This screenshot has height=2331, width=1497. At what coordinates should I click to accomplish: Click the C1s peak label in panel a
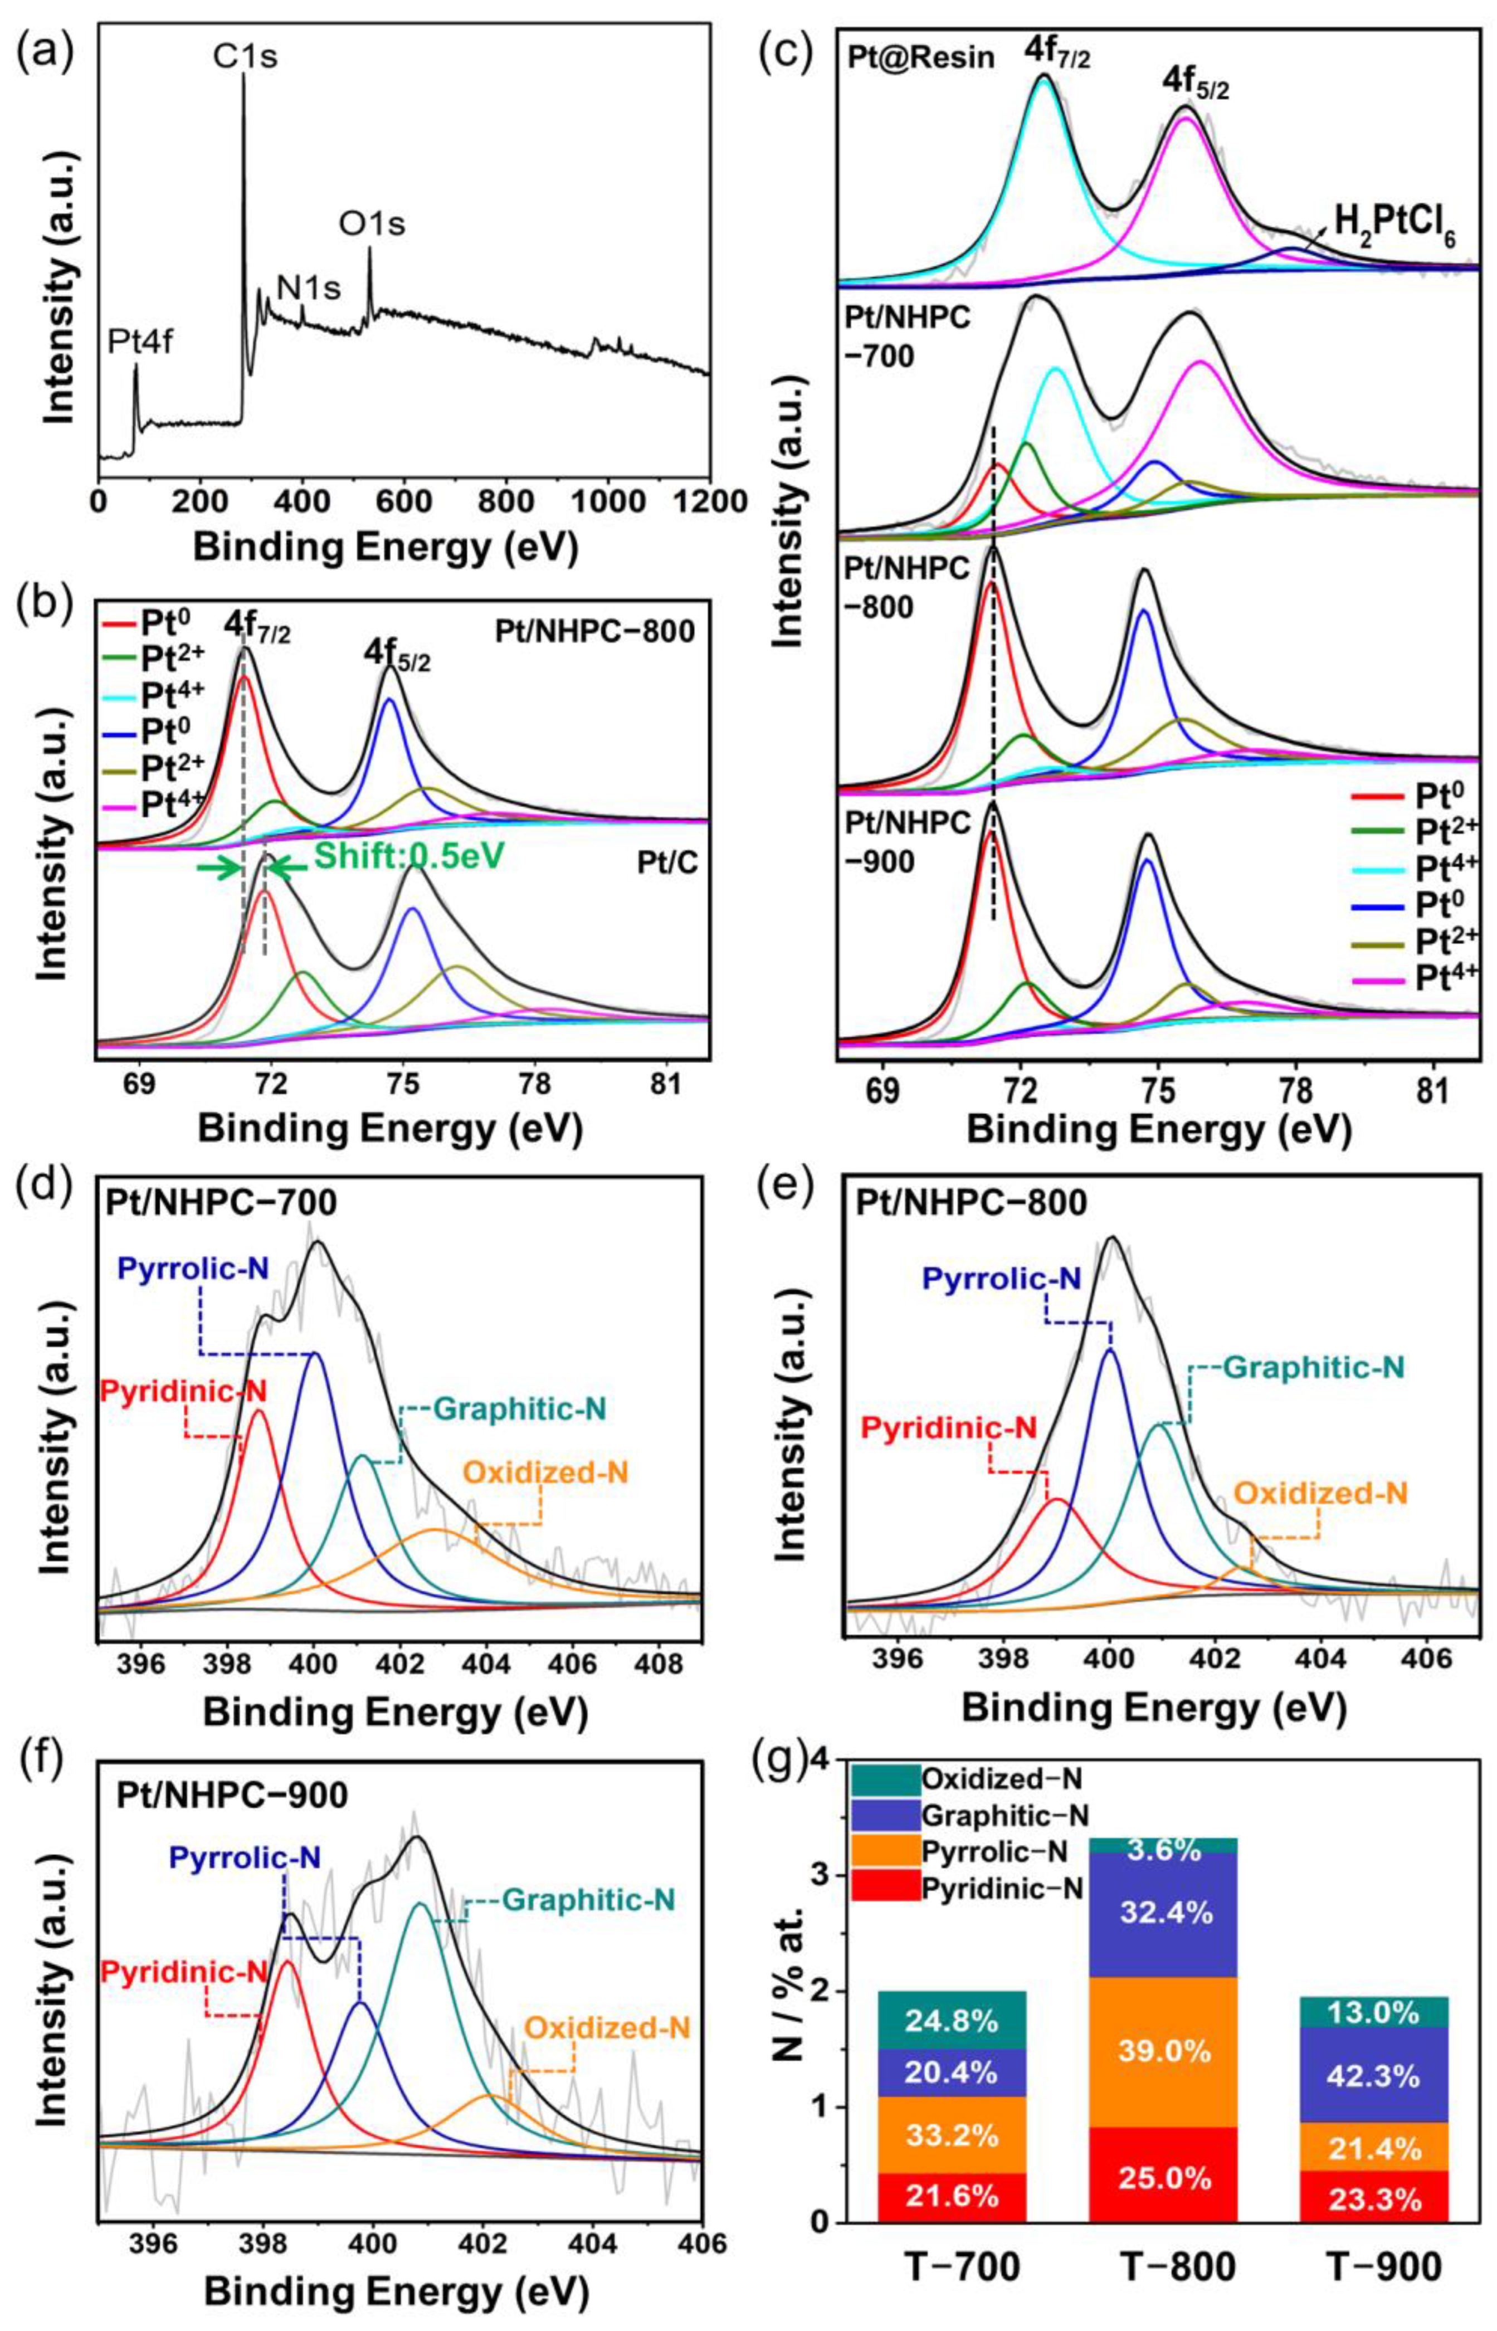pos(245,56)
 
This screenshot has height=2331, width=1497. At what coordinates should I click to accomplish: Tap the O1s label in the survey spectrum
pos(372,225)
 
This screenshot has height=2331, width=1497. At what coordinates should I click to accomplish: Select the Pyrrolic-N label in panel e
pos(1001,1280)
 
